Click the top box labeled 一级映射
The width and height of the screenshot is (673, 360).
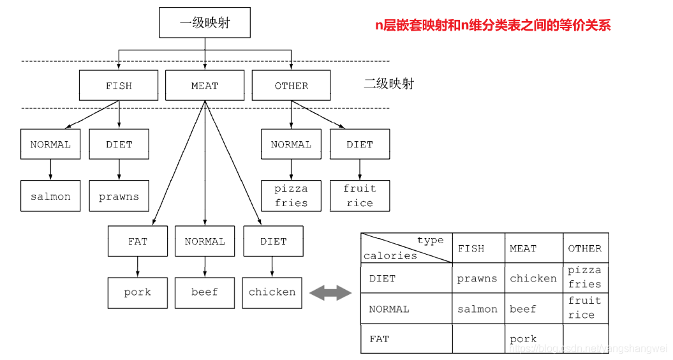(205, 24)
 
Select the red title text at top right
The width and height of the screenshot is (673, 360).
(492, 26)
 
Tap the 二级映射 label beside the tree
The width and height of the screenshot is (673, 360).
(388, 84)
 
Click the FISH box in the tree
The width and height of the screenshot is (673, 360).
(119, 86)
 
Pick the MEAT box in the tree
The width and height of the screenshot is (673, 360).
(205, 86)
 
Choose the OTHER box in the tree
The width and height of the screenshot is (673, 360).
(291, 86)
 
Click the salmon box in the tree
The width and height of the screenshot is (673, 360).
(50, 196)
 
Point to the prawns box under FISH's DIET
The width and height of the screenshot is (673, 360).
(119, 196)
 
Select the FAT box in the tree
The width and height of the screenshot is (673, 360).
(137, 241)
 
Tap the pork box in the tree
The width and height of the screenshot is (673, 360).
(137, 292)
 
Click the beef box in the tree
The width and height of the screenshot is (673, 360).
(205, 292)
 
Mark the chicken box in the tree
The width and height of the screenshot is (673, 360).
(272, 292)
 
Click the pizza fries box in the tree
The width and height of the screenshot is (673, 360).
(291, 196)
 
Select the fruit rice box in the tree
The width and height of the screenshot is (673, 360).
(360, 196)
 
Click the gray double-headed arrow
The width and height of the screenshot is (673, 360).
(330, 293)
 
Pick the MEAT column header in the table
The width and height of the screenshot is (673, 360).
(523, 248)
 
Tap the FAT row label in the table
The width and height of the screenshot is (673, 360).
(380, 339)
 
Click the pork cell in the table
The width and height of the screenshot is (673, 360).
(524, 339)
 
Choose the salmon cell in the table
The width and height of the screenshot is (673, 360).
(477, 309)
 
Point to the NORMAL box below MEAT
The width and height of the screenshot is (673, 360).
(205, 241)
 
